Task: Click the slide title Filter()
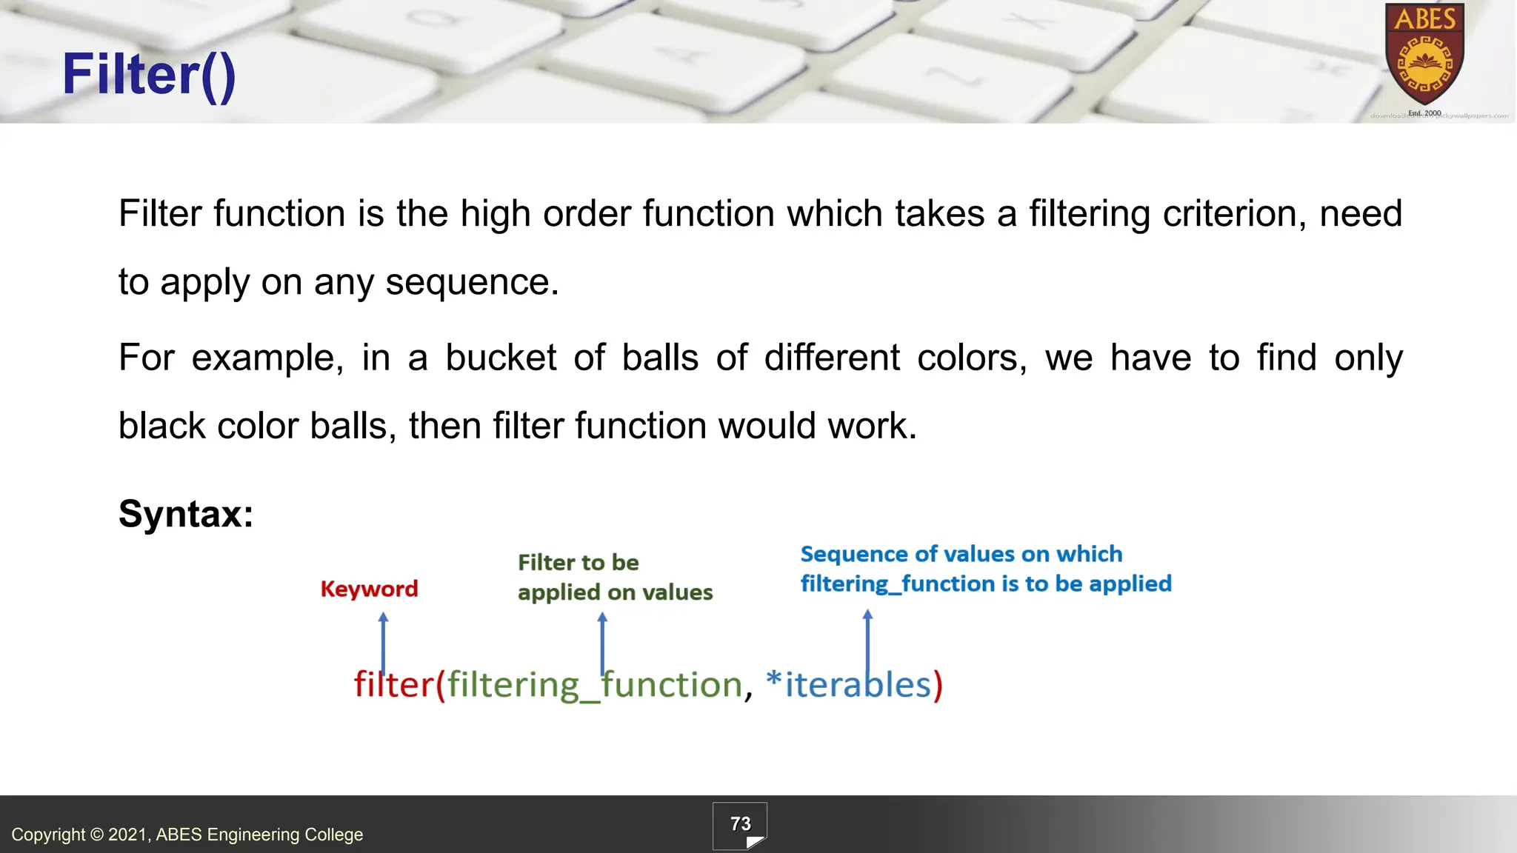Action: click(149, 75)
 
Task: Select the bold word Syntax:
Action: click(186, 513)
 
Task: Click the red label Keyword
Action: click(369, 589)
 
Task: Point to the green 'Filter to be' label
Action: click(578, 563)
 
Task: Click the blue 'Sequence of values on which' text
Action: click(961, 555)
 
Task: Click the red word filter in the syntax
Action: click(393, 684)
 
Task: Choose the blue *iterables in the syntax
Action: click(848, 684)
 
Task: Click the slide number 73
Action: click(740, 824)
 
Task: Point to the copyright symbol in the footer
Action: click(97, 835)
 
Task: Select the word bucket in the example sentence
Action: click(501, 358)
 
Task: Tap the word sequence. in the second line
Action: click(472, 282)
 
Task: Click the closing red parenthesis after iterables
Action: click(938, 685)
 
